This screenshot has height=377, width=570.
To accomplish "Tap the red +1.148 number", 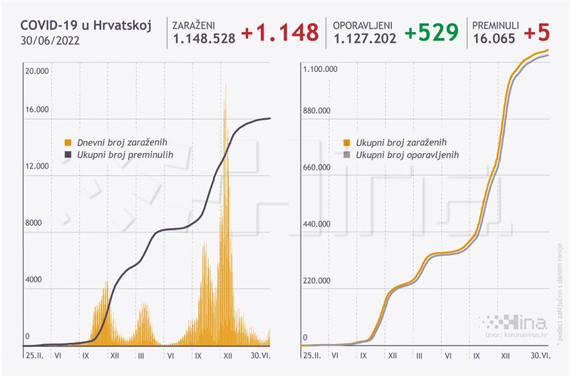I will click(280, 33).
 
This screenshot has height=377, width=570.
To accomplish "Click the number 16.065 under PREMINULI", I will click(493, 41).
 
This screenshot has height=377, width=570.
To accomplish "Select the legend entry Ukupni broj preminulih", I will click(122, 154).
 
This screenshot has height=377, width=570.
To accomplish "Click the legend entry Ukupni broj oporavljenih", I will click(406, 154).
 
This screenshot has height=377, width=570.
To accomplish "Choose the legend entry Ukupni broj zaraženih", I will click(402, 142).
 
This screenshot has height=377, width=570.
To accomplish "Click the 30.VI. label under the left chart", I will click(259, 354).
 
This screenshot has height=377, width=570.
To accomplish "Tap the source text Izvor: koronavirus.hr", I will click(514, 334).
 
